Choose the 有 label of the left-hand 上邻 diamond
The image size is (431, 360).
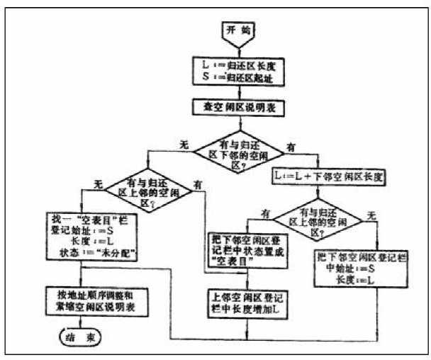pyautogui.click(x=198, y=184)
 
